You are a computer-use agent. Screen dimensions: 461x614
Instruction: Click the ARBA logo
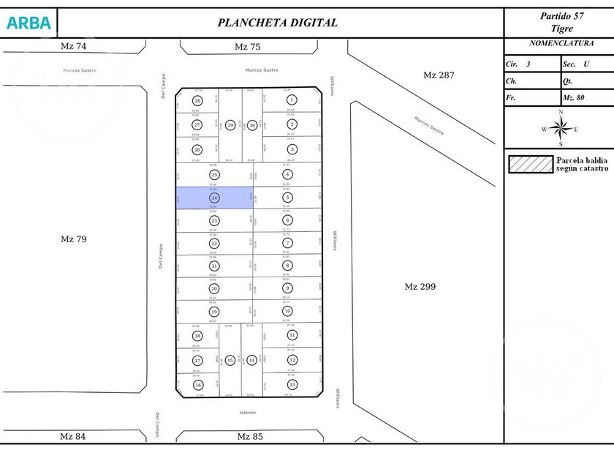pyautogui.click(x=29, y=23)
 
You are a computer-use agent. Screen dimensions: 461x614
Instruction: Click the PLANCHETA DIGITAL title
pyautogui.click(x=278, y=23)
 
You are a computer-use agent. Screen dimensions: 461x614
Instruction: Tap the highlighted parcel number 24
pyautogui.click(x=214, y=198)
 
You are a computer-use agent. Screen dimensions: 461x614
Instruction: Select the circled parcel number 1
pyautogui.click(x=292, y=100)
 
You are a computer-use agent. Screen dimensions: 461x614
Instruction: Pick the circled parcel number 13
pyautogui.click(x=292, y=384)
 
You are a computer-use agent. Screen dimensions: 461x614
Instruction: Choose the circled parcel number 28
pyautogui.click(x=197, y=101)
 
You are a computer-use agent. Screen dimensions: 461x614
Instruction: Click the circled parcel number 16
pyautogui.click(x=197, y=385)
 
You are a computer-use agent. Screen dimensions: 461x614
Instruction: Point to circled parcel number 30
pyautogui.click(x=252, y=125)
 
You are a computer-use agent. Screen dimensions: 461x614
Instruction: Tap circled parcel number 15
pyautogui.click(x=230, y=360)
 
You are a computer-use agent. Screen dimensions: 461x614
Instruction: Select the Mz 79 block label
pyautogui.click(x=73, y=239)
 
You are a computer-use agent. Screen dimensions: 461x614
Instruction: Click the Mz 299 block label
pyautogui.click(x=420, y=287)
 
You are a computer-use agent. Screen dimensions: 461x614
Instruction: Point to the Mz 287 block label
pyautogui.click(x=439, y=75)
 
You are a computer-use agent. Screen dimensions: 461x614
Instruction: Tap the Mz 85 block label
pyautogui.click(x=249, y=437)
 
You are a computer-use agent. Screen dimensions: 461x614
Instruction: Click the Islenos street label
pyautogui.click(x=248, y=413)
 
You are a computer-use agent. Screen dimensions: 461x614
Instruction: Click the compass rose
pyautogui.click(x=560, y=129)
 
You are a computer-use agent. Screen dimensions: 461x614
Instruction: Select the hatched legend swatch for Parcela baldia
pyautogui.click(x=531, y=164)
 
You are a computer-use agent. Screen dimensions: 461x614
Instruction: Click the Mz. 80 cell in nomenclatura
pyautogui.click(x=577, y=97)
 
